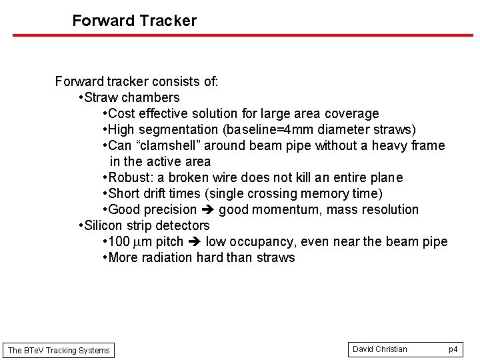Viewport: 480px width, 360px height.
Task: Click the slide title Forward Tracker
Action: (134, 21)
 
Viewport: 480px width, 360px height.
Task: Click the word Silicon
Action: (106, 226)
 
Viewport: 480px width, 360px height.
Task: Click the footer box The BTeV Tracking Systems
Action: (59, 350)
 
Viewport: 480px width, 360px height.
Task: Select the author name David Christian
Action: (379, 349)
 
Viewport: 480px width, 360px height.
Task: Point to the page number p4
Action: (453, 349)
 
